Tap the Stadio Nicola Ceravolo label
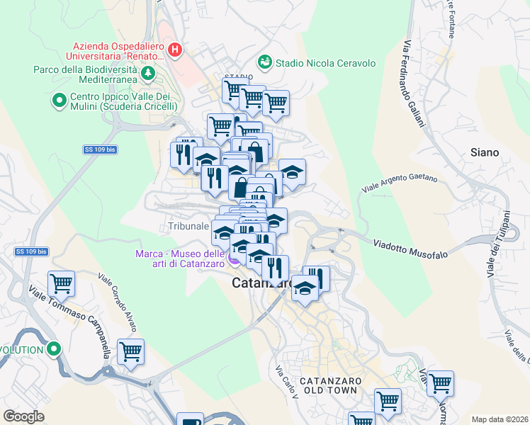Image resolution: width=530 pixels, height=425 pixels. (325, 63)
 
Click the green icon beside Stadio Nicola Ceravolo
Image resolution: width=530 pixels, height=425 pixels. (265, 62)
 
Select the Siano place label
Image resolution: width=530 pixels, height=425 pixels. (485, 152)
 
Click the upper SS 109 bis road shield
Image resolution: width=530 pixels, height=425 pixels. (98, 149)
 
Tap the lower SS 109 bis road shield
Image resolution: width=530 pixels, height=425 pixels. (31, 251)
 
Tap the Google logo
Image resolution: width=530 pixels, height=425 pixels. (24, 416)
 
